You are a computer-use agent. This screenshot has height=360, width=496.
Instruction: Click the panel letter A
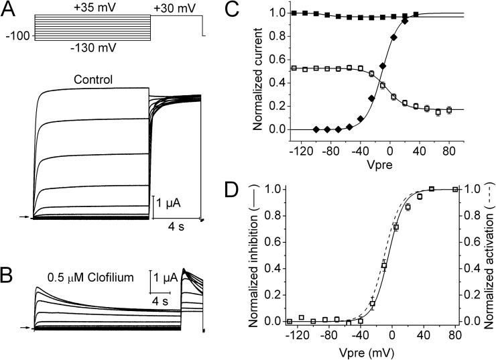pos(9,9)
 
